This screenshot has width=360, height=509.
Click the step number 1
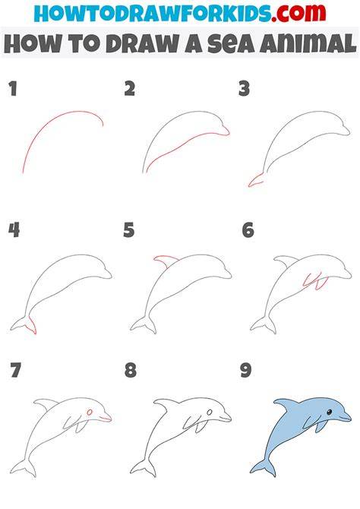[x=13, y=89]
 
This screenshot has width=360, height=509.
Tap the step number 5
[x=129, y=230]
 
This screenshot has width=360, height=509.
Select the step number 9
[x=246, y=370]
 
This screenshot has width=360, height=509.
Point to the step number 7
[x=15, y=370]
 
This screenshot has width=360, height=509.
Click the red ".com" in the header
[x=298, y=13]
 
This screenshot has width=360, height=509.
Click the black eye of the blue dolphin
[x=329, y=412]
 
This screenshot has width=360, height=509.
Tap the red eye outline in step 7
[x=90, y=413]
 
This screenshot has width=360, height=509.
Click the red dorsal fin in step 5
[x=165, y=261]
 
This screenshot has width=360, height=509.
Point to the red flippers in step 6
[x=315, y=281]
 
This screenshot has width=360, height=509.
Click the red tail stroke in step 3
[x=255, y=181]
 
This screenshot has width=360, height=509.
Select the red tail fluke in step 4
[x=32, y=324]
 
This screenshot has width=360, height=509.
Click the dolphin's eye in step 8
[x=210, y=413]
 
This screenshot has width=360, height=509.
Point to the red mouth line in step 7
[x=106, y=419]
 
